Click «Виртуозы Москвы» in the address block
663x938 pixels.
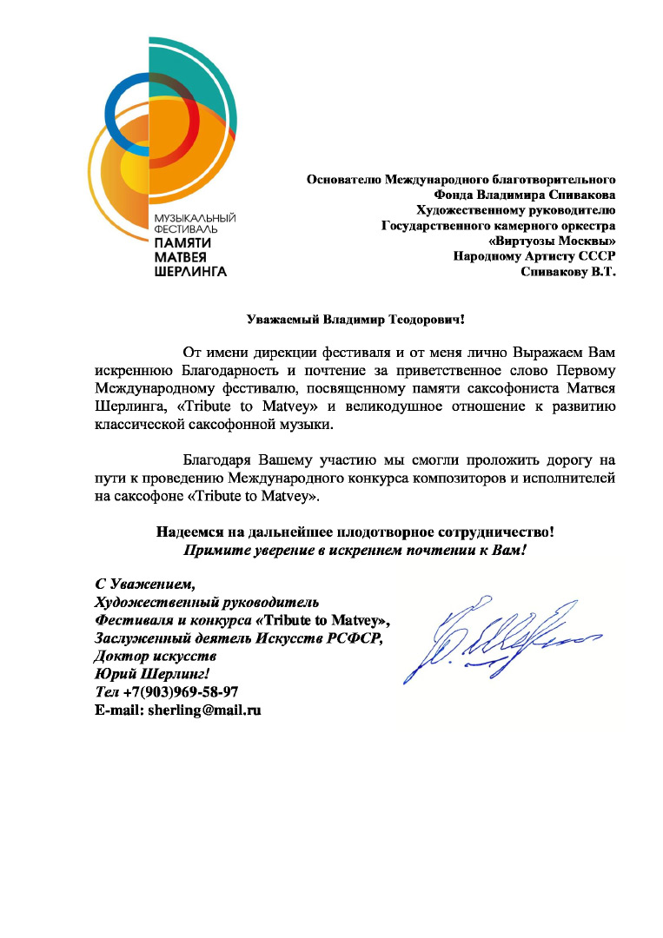(553, 241)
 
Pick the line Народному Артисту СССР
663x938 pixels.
(534, 255)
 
